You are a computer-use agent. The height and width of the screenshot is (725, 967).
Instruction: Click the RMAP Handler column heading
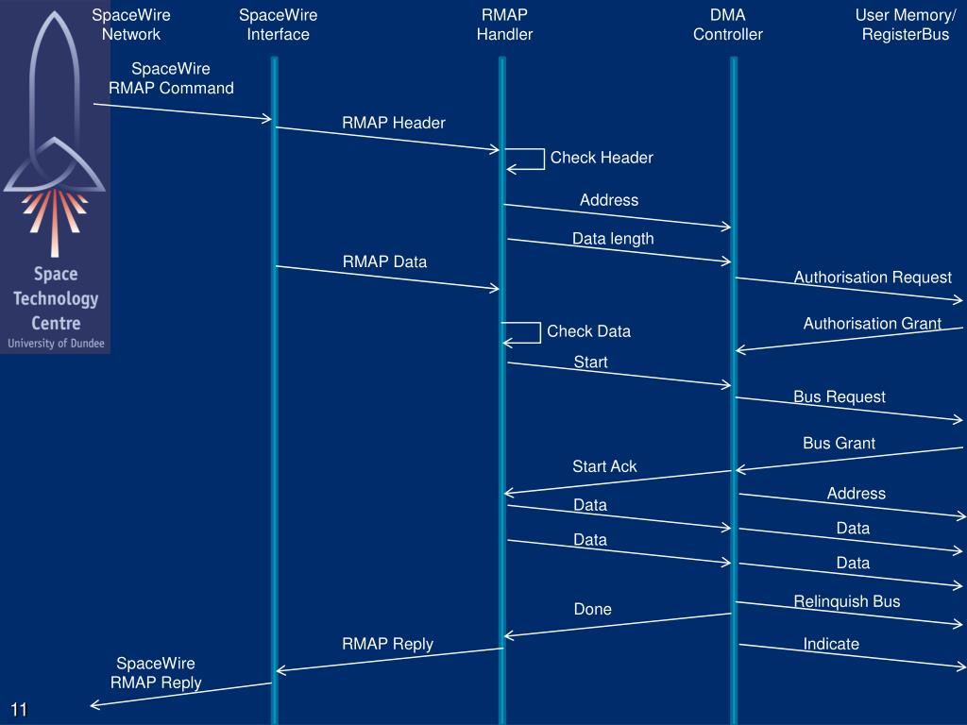tap(504, 25)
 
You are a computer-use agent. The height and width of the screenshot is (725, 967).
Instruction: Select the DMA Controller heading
tap(727, 25)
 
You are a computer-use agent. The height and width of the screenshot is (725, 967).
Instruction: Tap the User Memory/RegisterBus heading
tap(905, 25)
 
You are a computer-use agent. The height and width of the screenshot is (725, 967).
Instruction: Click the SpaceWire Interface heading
tap(278, 25)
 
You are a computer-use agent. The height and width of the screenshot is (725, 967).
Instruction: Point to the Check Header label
tap(602, 158)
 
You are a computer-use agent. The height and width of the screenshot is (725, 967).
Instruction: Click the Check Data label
tap(588, 331)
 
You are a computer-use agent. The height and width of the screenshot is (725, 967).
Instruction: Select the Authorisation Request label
tap(873, 278)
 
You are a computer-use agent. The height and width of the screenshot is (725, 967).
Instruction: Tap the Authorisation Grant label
tap(872, 324)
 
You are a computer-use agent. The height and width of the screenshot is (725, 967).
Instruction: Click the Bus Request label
tap(839, 397)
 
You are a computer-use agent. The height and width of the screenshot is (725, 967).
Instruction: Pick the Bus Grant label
tap(839, 444)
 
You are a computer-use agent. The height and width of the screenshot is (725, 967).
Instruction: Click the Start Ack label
tap(604, 466)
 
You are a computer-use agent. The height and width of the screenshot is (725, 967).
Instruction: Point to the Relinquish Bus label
tap(846, 601)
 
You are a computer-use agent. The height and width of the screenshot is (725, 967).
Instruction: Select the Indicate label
tap(831, 644)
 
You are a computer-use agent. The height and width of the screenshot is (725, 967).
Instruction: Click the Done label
tap(592, 610)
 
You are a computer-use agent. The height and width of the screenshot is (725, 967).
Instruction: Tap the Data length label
tap(612, 239)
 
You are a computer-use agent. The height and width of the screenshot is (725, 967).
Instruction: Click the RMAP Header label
tap(393, 123)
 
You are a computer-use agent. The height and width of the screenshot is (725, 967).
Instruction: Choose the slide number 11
tap(20, 710)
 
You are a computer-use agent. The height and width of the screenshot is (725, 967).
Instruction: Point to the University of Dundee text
tap(56, 344)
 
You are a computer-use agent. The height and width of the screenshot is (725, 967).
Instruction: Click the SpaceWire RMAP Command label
tap(171, 78)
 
